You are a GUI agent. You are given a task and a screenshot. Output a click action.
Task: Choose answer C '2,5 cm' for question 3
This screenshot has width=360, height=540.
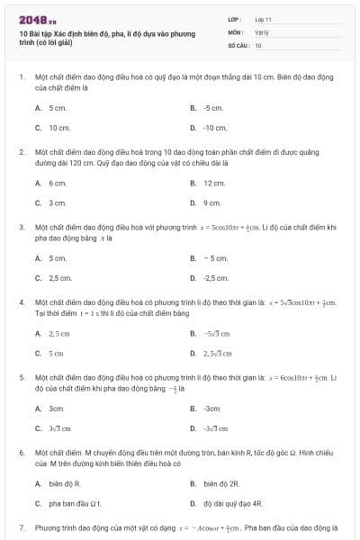click(60, 278)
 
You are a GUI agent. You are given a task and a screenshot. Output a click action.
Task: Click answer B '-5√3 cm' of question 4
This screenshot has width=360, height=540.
click(217, 333)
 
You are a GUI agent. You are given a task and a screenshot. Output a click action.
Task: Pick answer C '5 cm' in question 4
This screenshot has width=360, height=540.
click(56, 353)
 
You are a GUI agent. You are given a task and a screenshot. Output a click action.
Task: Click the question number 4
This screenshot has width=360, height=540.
click(21, 302)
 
